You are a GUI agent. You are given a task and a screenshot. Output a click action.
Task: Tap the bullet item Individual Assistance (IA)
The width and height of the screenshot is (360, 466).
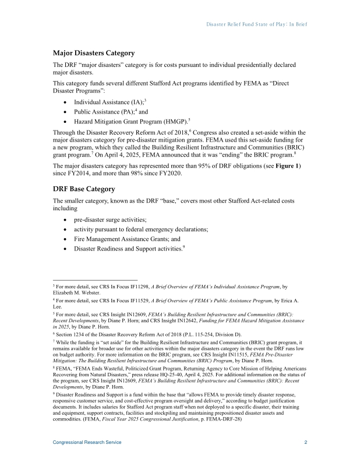coord(108,102)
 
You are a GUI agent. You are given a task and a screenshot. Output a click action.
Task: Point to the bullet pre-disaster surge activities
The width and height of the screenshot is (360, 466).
coord(110,220)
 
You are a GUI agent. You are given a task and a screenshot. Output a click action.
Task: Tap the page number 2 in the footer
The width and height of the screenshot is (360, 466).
coord(306,443)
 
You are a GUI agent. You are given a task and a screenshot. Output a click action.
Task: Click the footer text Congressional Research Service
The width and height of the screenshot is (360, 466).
coord(87,443)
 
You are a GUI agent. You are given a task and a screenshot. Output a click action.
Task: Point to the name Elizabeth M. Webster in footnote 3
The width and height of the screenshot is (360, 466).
coord(75,294)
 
